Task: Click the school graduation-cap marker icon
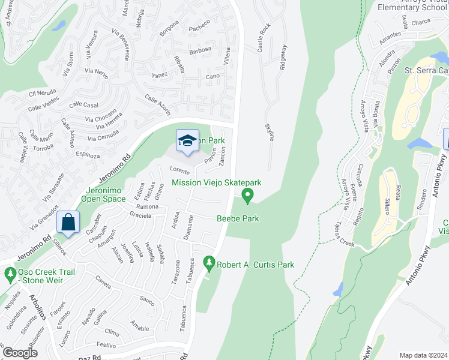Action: tap(187, 142)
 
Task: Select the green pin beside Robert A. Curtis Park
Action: tap(209, 262)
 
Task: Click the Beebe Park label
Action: tap(238, 218)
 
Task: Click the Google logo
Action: tap(20, 352)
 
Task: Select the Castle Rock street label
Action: tap(262, 38)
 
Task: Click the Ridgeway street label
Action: tap(283, 58)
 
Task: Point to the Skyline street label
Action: tap(270, 133)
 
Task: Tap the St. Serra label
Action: tap(426, 70)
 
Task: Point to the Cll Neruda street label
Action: tap(42, 94)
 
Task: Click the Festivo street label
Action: tap(106, 345)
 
